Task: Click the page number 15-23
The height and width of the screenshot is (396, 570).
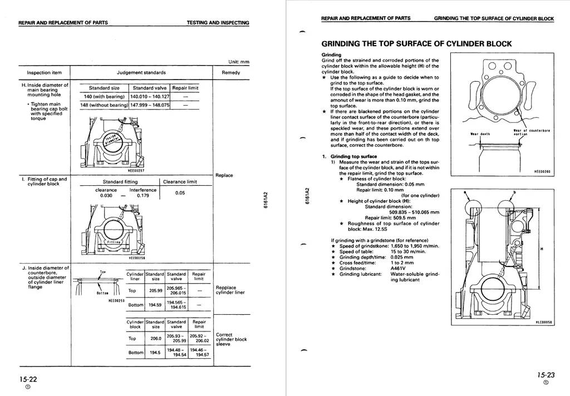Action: pyautogui.click(x=546, y=375)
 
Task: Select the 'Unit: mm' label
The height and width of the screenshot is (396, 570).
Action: pyautogui.click(x=239, y=62)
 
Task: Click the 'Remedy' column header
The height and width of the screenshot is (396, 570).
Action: pyautogui.click(x=231, y=73)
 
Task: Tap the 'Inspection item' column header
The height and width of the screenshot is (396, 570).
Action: pyautogui.click(x=45, y=73)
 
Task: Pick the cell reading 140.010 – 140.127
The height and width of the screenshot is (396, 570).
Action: pyautogui.click(x=149, y=96)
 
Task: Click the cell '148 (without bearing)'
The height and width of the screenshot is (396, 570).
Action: pyautogui.click(x=104, y=105)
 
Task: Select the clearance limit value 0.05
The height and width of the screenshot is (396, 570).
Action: pyautogui.click(x=180, y=193)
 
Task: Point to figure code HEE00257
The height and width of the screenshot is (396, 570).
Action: pyautogui.click(x=136, y=171)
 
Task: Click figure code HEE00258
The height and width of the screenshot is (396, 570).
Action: pyautogui.click(x=136, y=258)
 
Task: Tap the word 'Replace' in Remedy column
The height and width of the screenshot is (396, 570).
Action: pyautogui.click(x=224, y=176)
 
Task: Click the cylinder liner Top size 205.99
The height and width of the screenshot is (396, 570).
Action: pyautogui.click(x=155, y=290)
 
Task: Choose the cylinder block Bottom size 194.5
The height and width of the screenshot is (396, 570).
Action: pyautogui.click(x=155, y=352)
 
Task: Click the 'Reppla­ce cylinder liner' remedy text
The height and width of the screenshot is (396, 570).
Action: pyautogui.click(x=230, y=290)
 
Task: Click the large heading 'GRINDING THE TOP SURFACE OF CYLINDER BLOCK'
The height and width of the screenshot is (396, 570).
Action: pyautogui.click(x=416, y=44)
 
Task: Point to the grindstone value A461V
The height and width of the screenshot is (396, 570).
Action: pyautogui.click(x=399, y=269)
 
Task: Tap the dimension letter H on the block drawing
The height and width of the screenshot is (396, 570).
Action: pyautogui.click(x=542, y=249)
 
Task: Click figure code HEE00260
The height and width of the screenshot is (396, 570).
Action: pyautogui.click(x=542, y=172)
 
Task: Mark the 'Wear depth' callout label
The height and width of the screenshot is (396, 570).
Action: pyautogui.click(x=480, y=134)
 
